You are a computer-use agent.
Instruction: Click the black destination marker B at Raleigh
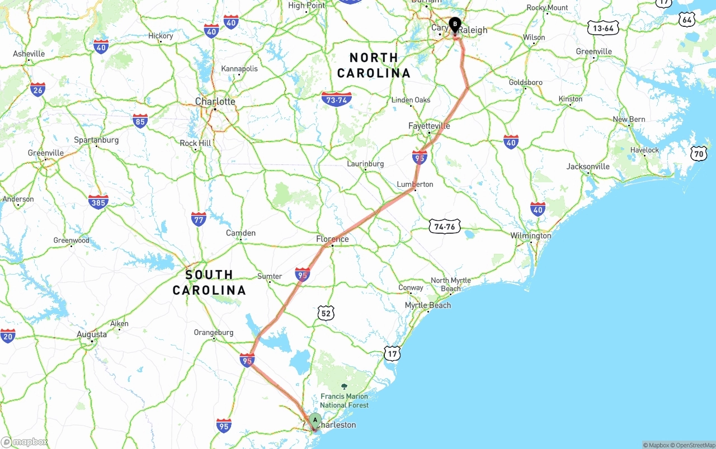click(455, 25)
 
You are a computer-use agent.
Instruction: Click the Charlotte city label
click(215, 101)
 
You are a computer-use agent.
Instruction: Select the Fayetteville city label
click(429, 126)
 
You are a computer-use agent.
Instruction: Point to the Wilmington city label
click(530, 236)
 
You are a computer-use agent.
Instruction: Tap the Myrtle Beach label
click(428, 305)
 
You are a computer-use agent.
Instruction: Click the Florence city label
click(332, 239)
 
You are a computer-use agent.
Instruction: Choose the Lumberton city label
click(414, 184)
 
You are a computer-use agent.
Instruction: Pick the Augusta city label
click(91, 334)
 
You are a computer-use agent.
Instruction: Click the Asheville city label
click(29, 54)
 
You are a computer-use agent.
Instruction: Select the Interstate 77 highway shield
click(199, 219)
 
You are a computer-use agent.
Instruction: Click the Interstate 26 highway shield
click(37, 89)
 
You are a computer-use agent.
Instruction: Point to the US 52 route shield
click(326, 313)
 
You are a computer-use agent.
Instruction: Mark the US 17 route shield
click(393, 353)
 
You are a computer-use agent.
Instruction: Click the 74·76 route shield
click(445, 226)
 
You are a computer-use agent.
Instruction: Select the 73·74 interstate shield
click(337, 100)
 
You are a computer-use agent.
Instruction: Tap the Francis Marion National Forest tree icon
click(344, 386)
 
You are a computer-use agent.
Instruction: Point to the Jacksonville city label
click(588, 166)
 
